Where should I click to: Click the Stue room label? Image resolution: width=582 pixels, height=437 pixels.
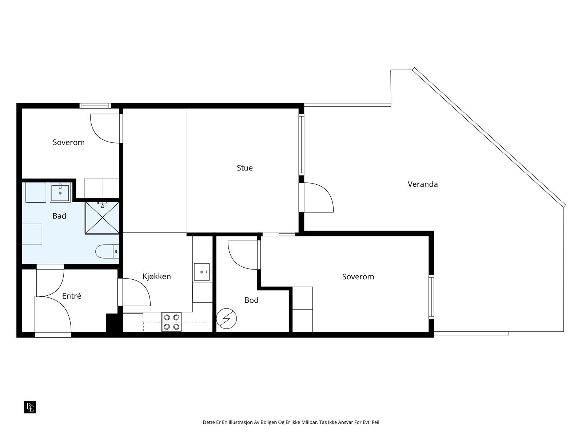(244, 168)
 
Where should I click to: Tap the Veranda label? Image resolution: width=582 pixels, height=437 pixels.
(423, 184)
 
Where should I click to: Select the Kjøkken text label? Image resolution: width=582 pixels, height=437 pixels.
(157, 276)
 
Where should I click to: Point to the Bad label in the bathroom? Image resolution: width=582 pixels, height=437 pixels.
(59, 216)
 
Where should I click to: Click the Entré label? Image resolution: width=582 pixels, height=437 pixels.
(72, 296)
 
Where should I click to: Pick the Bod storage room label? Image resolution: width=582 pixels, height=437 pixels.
(251, 300)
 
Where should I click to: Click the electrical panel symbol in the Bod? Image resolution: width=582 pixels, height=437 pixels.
(227, 319)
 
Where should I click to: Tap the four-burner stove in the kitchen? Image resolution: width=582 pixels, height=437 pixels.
(172, 322)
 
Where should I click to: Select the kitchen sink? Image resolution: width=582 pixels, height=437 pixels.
(202, 272)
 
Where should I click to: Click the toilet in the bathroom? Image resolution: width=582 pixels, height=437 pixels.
(107, 252)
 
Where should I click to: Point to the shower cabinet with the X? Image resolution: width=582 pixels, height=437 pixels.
(102, 218)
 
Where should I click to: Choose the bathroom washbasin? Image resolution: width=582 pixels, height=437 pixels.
(60, 193)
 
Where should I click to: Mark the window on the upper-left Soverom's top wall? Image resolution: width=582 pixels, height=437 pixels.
(95, 106)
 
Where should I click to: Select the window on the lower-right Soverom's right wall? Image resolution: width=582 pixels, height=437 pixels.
(431, 297)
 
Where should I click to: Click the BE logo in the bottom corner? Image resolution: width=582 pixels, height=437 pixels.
(30, 407)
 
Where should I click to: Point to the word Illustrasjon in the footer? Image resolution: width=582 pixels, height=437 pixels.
(240, 422)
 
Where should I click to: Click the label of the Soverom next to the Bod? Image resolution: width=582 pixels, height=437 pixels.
(358, 277)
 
